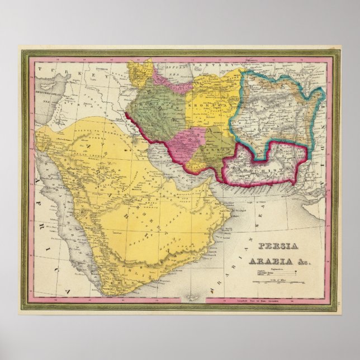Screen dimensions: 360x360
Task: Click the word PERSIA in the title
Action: pyautogui.click(x=278, y=247)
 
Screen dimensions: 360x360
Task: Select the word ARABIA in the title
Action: pyautogui.click(x=273, y=259)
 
